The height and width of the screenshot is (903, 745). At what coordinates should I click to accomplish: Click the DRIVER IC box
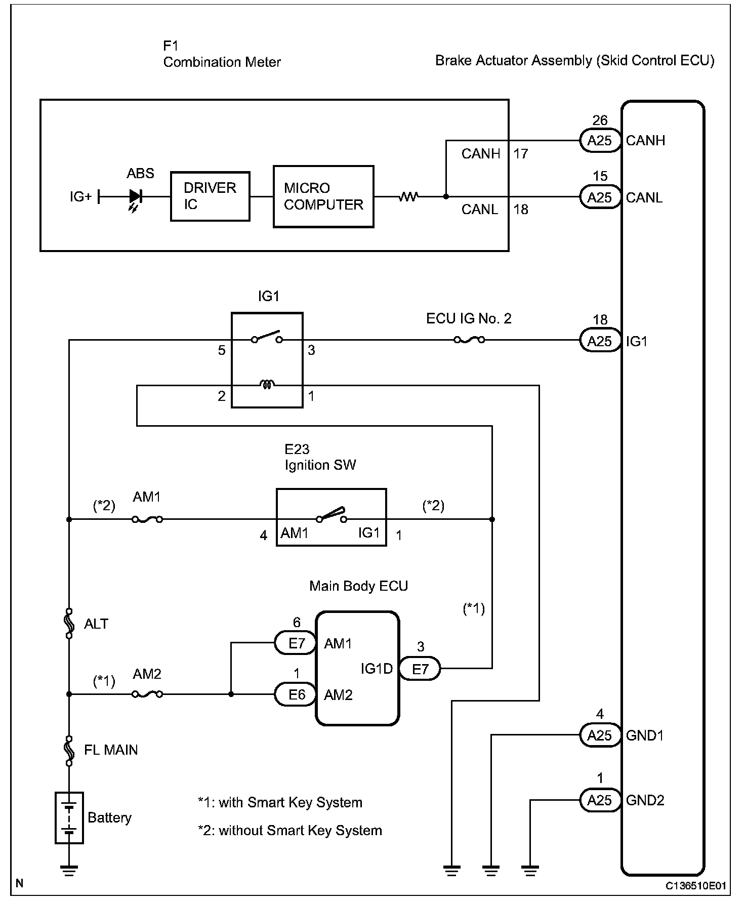(210, 196)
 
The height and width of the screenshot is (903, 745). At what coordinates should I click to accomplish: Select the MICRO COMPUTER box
(323, 196)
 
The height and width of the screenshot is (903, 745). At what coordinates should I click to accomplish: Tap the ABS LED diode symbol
(135, 197)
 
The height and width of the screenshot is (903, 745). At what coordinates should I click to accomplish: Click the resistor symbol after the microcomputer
(408, 196)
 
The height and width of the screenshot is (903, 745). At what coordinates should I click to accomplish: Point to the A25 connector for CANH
(600, 141)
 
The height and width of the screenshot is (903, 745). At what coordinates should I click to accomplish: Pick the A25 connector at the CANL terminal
(600, 197)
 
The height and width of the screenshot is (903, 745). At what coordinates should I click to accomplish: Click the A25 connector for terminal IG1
(600, 341)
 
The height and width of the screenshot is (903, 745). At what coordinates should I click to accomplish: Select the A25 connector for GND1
(600, 735)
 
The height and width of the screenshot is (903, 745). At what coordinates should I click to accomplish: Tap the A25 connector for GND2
(600, 800)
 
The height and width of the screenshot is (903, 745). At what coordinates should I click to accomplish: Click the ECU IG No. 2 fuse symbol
(469, 340)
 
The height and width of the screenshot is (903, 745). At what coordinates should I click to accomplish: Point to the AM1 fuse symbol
(147, 519)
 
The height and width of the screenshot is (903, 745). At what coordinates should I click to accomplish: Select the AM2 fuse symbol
(147, 694)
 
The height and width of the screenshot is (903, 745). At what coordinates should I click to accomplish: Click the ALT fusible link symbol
(69, 624)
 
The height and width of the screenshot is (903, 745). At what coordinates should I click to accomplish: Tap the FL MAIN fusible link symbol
(69, 750)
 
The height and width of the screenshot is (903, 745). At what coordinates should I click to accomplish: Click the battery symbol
(69, 818)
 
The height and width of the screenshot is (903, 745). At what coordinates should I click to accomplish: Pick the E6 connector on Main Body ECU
(297, 694)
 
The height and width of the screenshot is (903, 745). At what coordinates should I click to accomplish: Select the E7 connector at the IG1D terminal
(420, 669)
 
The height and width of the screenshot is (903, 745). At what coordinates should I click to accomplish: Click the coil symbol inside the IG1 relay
(267, 385)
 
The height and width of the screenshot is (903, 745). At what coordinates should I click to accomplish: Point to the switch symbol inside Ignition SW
(332, 516)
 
